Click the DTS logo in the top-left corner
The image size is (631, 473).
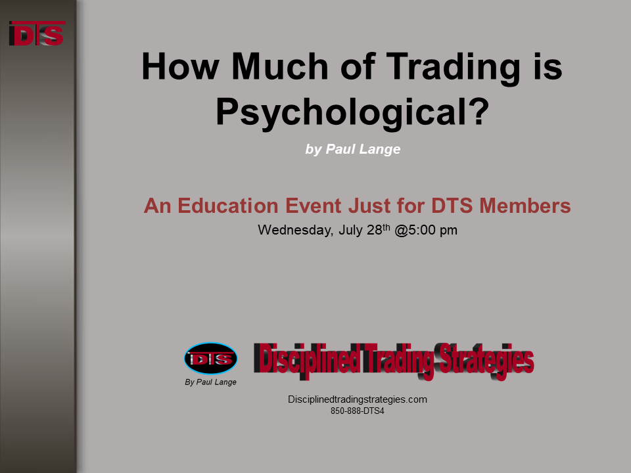(x=37, y=33)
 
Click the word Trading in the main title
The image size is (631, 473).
(x=453, y=68)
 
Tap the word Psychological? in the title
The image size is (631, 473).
(x=352, y=112)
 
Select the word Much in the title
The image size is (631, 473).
(x=280, y=67)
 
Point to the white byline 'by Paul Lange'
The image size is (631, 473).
(x=353, y=149)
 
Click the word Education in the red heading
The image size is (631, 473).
(x=228, y=206)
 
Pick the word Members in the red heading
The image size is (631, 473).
(x=525, y=206)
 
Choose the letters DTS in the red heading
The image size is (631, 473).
(x=452, y=206)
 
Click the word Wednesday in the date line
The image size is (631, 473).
(x=295, y=230)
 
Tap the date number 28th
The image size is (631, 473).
(x=379, y=230)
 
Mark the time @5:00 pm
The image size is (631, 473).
(x=426, y=230)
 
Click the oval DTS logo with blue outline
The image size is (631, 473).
(x=210, y=359)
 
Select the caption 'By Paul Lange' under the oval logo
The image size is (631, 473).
(x=210, y=382)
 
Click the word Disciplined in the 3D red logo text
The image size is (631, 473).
(x=307, y=359)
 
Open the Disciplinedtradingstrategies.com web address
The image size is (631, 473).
(x=358, y=399)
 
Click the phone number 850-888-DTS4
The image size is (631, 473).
(x=358, y=411)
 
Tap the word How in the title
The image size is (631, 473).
(x=180, y=67)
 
